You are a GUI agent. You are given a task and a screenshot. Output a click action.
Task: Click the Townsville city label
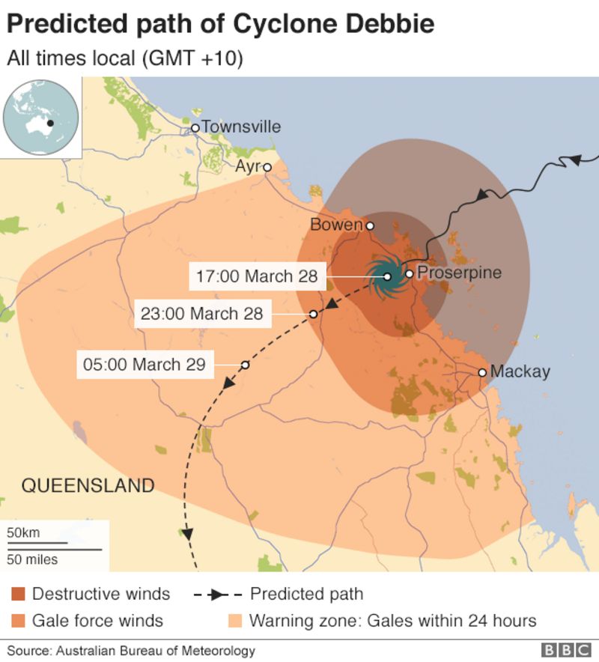coord(241,127)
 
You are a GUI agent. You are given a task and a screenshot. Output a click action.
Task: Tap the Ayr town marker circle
coord(267,167)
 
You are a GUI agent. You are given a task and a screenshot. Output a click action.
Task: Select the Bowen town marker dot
coord(369,225)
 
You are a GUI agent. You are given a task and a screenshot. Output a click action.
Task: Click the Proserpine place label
coord(458,273)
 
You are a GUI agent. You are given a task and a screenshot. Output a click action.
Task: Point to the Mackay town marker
coord(482,372)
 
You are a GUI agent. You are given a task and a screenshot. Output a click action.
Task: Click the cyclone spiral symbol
coord(387,277)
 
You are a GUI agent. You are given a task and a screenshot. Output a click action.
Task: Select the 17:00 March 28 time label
coord(256,276)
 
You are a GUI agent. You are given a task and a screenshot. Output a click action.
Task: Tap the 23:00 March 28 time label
coord(202,314)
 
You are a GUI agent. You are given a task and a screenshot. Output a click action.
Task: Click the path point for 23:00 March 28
coord(314,314)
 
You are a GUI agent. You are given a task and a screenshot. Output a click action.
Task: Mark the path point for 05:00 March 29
coord(245,365)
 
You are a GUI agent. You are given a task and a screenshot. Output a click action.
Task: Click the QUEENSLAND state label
coord(88,485)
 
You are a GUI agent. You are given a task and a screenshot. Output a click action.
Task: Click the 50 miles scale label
coord(32,559)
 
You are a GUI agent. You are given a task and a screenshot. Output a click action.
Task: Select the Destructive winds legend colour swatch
coord(19,595)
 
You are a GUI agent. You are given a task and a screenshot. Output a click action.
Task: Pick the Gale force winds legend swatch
coord(19,621)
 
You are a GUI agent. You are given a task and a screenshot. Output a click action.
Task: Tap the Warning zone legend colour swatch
coord(234,621)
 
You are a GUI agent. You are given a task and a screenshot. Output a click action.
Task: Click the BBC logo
coord(566,650)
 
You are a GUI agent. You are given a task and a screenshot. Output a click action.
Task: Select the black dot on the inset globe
coord(49,124)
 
